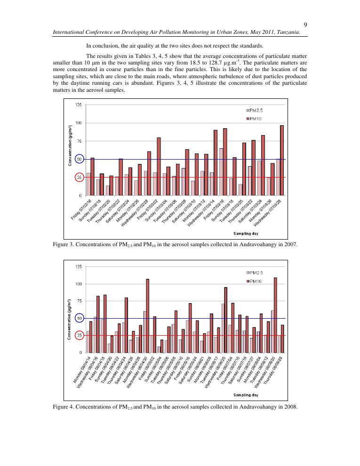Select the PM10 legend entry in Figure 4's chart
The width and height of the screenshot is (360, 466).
click(256, 281)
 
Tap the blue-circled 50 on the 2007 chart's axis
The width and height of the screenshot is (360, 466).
click(79, 159)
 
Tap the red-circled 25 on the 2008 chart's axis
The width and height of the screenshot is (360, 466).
click(79, 335)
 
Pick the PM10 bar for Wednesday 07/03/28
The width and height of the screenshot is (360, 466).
click(282, 160)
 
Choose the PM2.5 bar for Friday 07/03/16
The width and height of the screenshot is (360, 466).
click(221, 172)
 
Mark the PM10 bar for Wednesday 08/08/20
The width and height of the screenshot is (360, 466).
click(275, 314)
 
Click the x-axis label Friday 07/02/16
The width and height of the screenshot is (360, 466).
click(81, 209)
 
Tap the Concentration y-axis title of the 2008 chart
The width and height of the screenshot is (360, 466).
click(70, 321)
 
